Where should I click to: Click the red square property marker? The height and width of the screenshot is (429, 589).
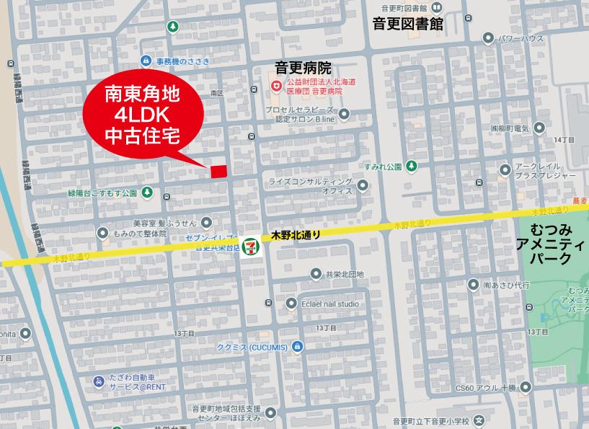pos(218,171)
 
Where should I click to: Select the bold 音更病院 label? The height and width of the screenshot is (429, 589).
pos(303,68)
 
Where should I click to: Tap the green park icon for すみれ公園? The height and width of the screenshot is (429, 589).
pos(411,167)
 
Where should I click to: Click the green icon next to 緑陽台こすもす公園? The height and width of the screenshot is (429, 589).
pos(147,193)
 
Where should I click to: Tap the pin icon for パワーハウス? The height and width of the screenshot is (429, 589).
pos(489,38)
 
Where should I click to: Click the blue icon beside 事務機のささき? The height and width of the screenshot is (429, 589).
pos(147,61)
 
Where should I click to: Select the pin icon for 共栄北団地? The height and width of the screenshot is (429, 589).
pos(315,274)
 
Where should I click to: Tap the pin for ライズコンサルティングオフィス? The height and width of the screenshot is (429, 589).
pos(364,186)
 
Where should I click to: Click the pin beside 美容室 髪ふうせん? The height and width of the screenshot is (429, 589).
pos(207,223)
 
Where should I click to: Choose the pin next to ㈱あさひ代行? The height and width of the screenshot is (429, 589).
pos(473,285)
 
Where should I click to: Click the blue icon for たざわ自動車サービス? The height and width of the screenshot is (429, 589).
pos(97,381)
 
